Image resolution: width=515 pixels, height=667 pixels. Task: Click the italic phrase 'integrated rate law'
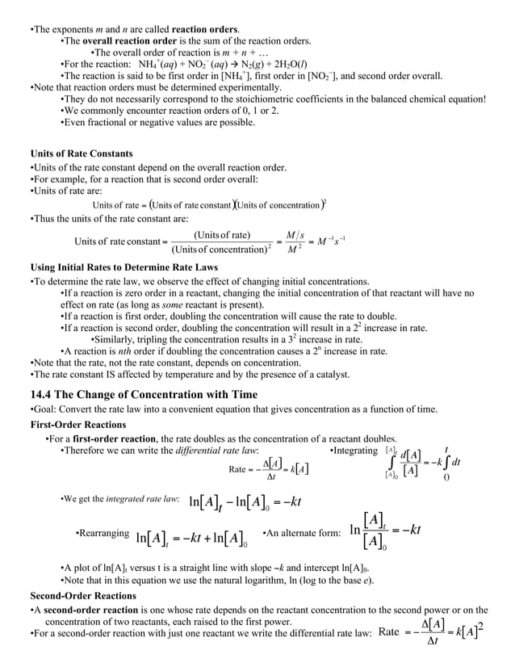pos(142,500)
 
